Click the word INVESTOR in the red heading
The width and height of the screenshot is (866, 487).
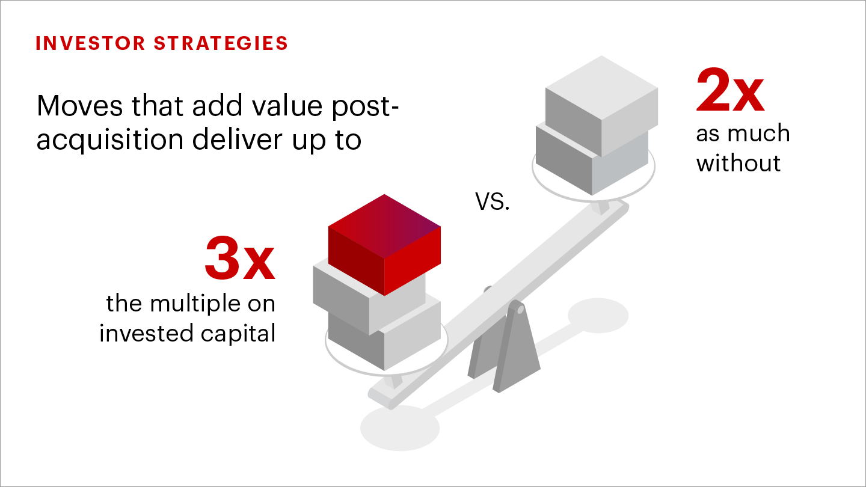tap(90, 43)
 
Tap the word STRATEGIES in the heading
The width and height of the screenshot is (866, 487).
tap(221, 43)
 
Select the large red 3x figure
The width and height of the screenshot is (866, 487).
tap(240, 258)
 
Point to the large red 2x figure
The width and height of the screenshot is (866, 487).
tap(730, 90)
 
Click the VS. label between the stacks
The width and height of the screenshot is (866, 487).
tap(492, 202)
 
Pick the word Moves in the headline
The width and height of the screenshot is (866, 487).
tap(79, 106)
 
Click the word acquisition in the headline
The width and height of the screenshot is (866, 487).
tap(110, 139)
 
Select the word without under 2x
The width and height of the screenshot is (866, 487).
tap(738, 163)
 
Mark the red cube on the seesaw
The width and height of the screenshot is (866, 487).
tap(384, 245)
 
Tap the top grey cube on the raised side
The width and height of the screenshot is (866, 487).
tap(601, 106)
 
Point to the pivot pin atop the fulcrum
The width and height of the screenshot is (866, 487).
tap(520, 309)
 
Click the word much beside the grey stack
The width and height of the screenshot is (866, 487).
tap(758, 133)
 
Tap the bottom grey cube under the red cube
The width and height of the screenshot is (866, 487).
tap(384, 336)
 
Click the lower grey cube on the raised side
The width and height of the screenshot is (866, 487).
tap(592, 161)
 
